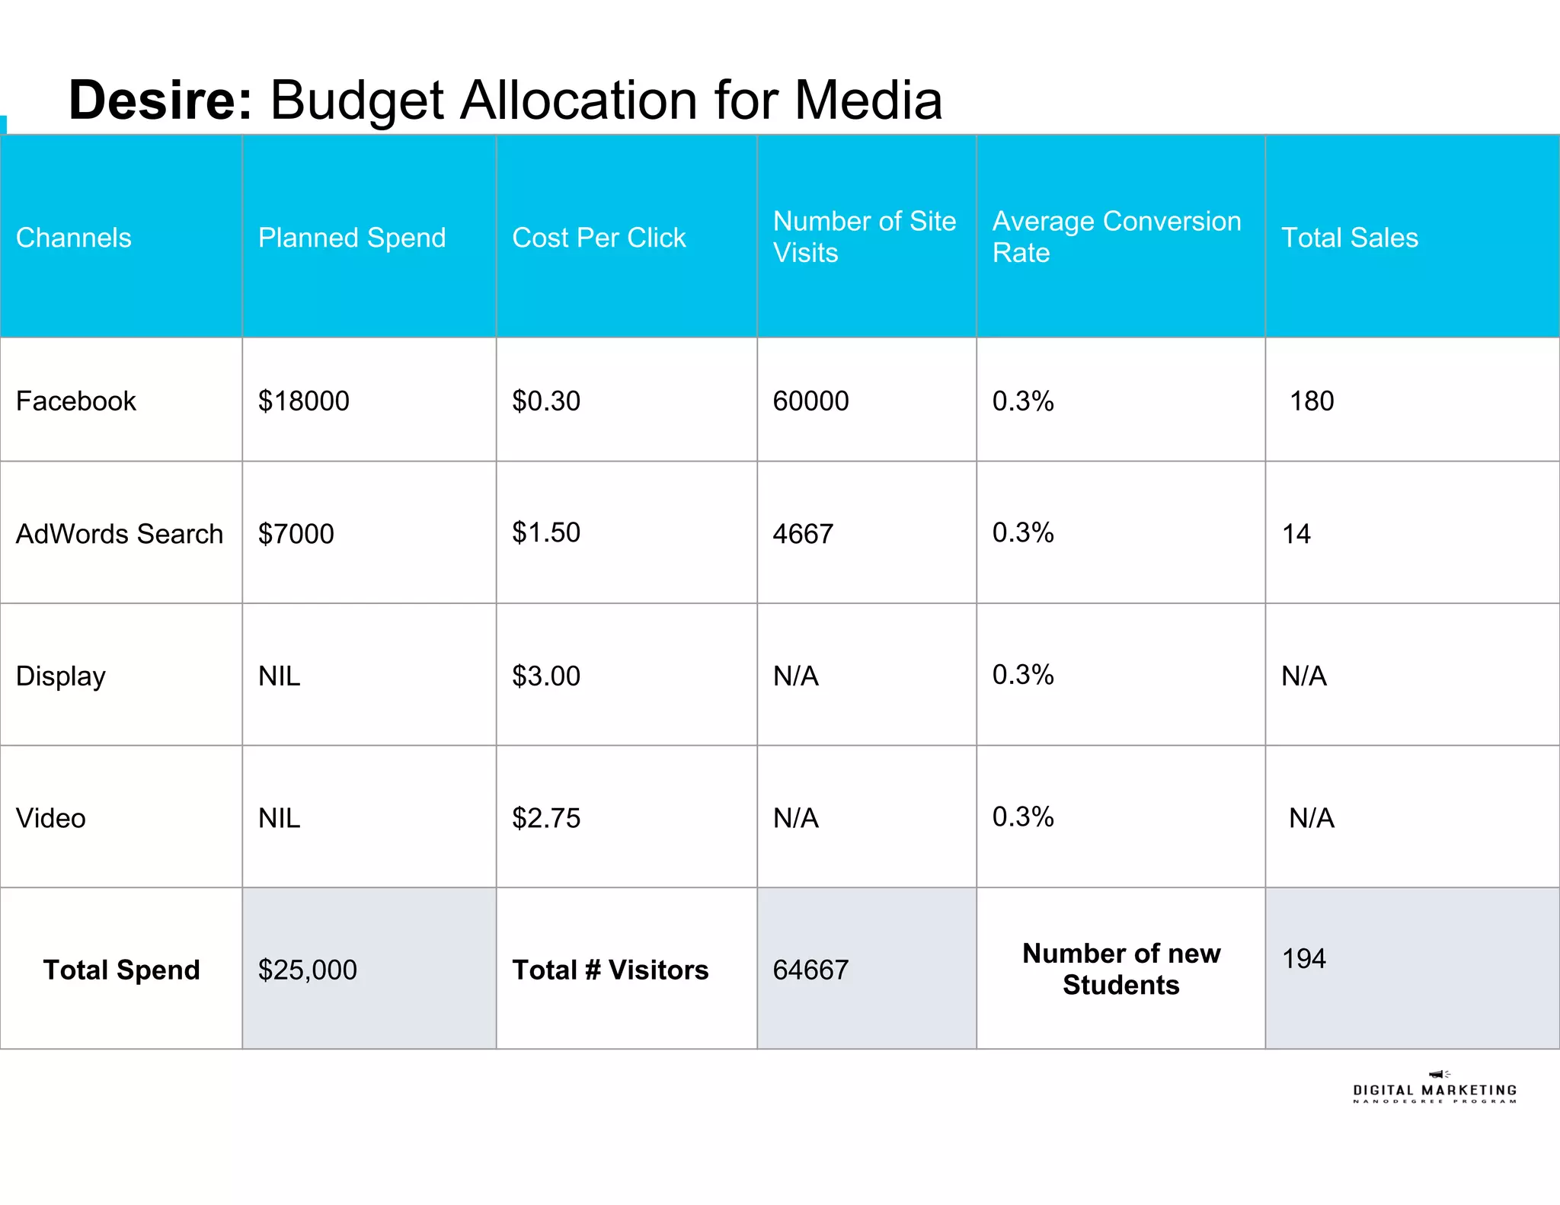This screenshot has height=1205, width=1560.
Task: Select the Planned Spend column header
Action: pyautogui.click(x=352, y=238)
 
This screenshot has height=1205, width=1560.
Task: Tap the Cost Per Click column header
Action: pyautogui.click(x=599, y=238)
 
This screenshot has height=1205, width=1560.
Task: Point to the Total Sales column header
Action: pyautogui.click(x=1350, y=238)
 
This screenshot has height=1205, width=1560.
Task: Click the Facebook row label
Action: pyautogui.click(x=76, y=401)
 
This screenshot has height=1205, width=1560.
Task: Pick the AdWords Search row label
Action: pyautogui.click(x=120, y=534)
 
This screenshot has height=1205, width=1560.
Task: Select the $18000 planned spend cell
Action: pyautogui.click(x=304, y=401)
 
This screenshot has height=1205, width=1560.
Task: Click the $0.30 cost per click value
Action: pyautogui.click(x=546, y=401)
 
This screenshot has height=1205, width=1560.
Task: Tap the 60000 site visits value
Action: pyautogui.click(x=810, y=401)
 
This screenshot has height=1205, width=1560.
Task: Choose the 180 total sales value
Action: pyautogui.click(x=1312, y=401)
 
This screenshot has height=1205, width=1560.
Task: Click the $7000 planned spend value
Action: pyautogui.click(x=296, y=534)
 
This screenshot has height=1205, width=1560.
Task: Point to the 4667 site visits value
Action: pyautogui.click(x=803, y=534)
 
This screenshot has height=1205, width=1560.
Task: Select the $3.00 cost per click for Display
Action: pyautogui.click(x=546, y=676)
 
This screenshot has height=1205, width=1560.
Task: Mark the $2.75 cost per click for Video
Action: pyautogui.click(x=546, y=818)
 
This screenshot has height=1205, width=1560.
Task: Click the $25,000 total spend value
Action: pyautogui.click(x=308, y=970)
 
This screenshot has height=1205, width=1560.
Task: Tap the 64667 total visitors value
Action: pyautogui.click(x=810, y=970)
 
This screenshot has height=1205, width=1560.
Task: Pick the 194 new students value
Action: pyautogui.click(x=1304, y=958)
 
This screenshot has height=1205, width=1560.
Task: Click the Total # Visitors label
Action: pyautogui.click(x=610, y=970)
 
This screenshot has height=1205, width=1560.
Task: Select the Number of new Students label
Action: pyautogui.click(x=1121, y=969)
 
